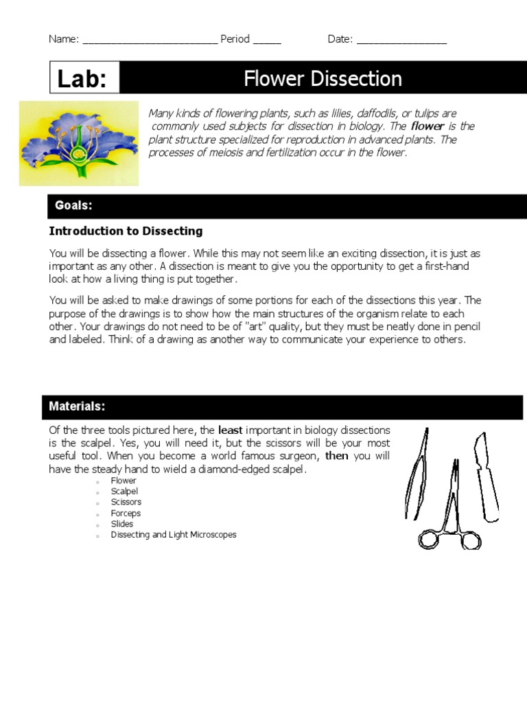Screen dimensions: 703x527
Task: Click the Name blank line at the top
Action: [150, 41]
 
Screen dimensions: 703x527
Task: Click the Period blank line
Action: [267, 41]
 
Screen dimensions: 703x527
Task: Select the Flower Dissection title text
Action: [323, 79]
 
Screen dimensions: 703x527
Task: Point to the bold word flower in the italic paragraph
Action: [428, 126]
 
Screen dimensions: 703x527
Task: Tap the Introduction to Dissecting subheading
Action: [126, 231]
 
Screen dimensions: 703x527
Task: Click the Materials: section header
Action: [77, 406]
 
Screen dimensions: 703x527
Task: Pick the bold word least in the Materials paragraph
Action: [230, 430]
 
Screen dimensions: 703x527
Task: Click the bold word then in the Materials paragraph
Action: [336, 456]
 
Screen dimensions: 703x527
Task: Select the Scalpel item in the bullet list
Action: [124, 492]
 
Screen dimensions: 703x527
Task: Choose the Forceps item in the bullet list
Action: [126, 514]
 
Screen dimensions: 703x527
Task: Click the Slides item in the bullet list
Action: [122, 524]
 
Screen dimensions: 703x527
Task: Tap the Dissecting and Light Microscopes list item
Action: [174, 535]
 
